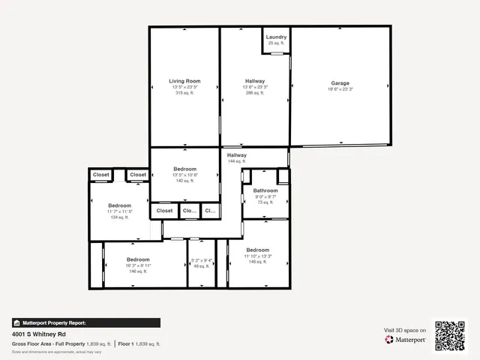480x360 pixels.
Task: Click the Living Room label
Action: pyautogui.click(x=184, y=81)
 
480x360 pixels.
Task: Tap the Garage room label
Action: pyautogui.click(x=340, y=83)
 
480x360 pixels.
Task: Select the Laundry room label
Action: pyautogui.click(x=276, y=37)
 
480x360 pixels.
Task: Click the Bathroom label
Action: pyautogui.click(x=260, y=190)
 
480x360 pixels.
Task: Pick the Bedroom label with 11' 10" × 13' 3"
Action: pyautogui.click(x=258, y=250)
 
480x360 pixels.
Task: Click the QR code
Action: pyautogui.click(x=450, y=335)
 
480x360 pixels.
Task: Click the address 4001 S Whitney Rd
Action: pyautogui.click(x=38, y=334)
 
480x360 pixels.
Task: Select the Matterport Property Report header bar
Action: pyautogui.click(x=85, y=322)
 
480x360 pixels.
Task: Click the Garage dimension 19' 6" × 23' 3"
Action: pyautogui.click(x=340, y=89)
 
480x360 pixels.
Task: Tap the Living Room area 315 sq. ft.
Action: pyautogui.click(x=184, y=93)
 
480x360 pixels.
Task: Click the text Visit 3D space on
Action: pyautogui.click(x=405, y=330)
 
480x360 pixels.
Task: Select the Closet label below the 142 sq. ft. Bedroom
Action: pyautogui.click(x=165, y=211)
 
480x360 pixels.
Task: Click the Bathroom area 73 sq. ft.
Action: pyautogui.click(x=260, y=202)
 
